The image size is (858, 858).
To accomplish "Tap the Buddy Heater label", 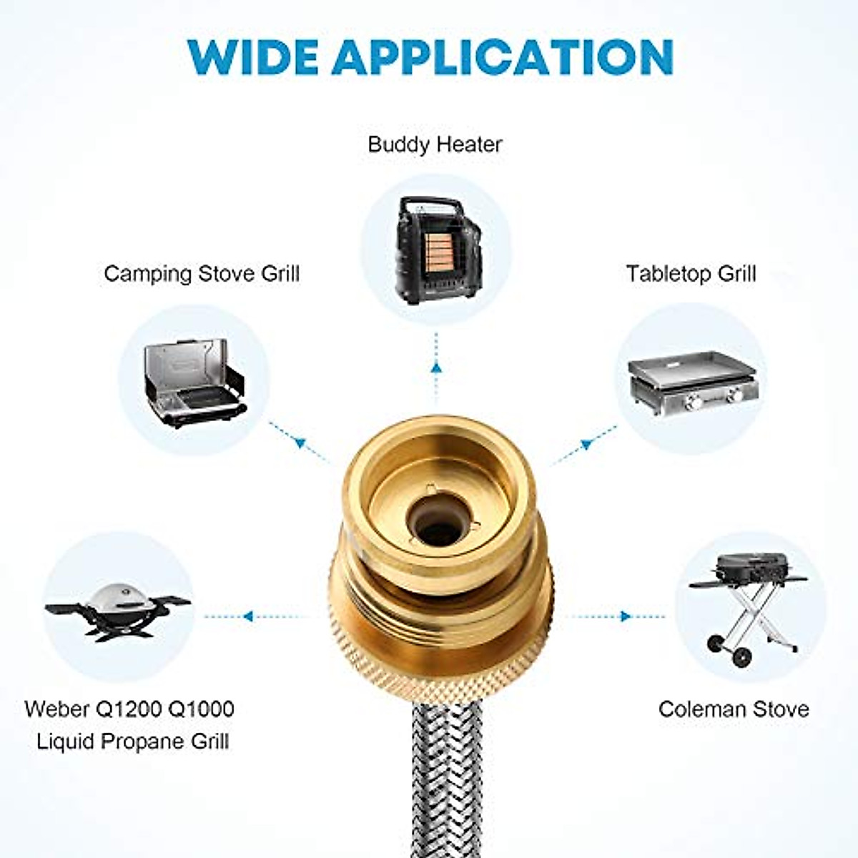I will click(x=435, y=144).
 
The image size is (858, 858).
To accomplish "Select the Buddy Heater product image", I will click(x=435, y=250).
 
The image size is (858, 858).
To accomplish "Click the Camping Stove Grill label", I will click(x=202, y=274).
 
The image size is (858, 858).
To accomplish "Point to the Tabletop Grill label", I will click(x=691, y=274).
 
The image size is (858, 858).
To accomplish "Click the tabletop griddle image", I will click(x=692, y=383).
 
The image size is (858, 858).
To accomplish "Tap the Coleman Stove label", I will click(x=734, y=709).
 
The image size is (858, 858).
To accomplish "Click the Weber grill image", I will click(x=119, y=611).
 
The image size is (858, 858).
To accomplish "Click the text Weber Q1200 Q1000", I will click(x=129, y=709).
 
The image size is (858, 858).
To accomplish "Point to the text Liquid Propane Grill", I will click(x=133, y=741).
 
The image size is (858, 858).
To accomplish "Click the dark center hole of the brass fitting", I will click(x=438, y=531).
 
